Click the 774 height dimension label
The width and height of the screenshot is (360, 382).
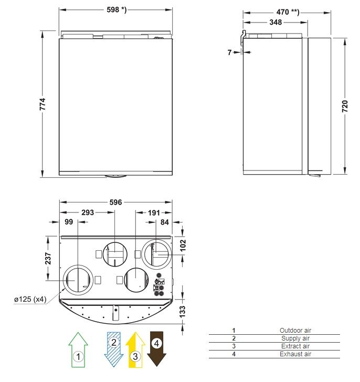(43, 104)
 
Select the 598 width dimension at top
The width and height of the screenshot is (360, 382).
(117, 10)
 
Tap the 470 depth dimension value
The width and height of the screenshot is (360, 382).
(288, 12)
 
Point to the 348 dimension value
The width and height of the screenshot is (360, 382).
(276, 23)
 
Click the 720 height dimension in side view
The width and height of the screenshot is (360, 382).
(345, 106)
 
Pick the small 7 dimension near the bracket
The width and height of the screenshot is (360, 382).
(229, 52)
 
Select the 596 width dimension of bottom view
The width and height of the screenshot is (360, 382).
(115, 202)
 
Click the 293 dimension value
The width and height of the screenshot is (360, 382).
(88, 213)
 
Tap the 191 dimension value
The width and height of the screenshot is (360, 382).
(154, 213)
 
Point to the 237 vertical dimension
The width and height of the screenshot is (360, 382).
(48, 259)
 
